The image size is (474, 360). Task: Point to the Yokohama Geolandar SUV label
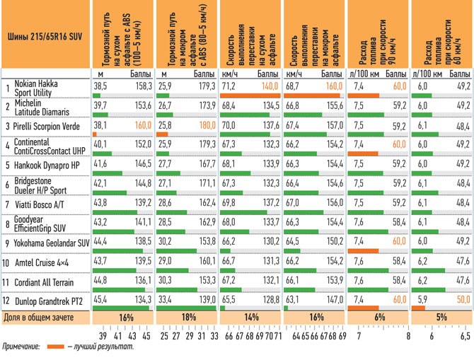(x=51, y=242)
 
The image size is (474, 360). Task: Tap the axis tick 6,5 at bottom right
(x=464, y=337)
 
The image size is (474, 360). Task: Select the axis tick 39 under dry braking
(x=102, y=337)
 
